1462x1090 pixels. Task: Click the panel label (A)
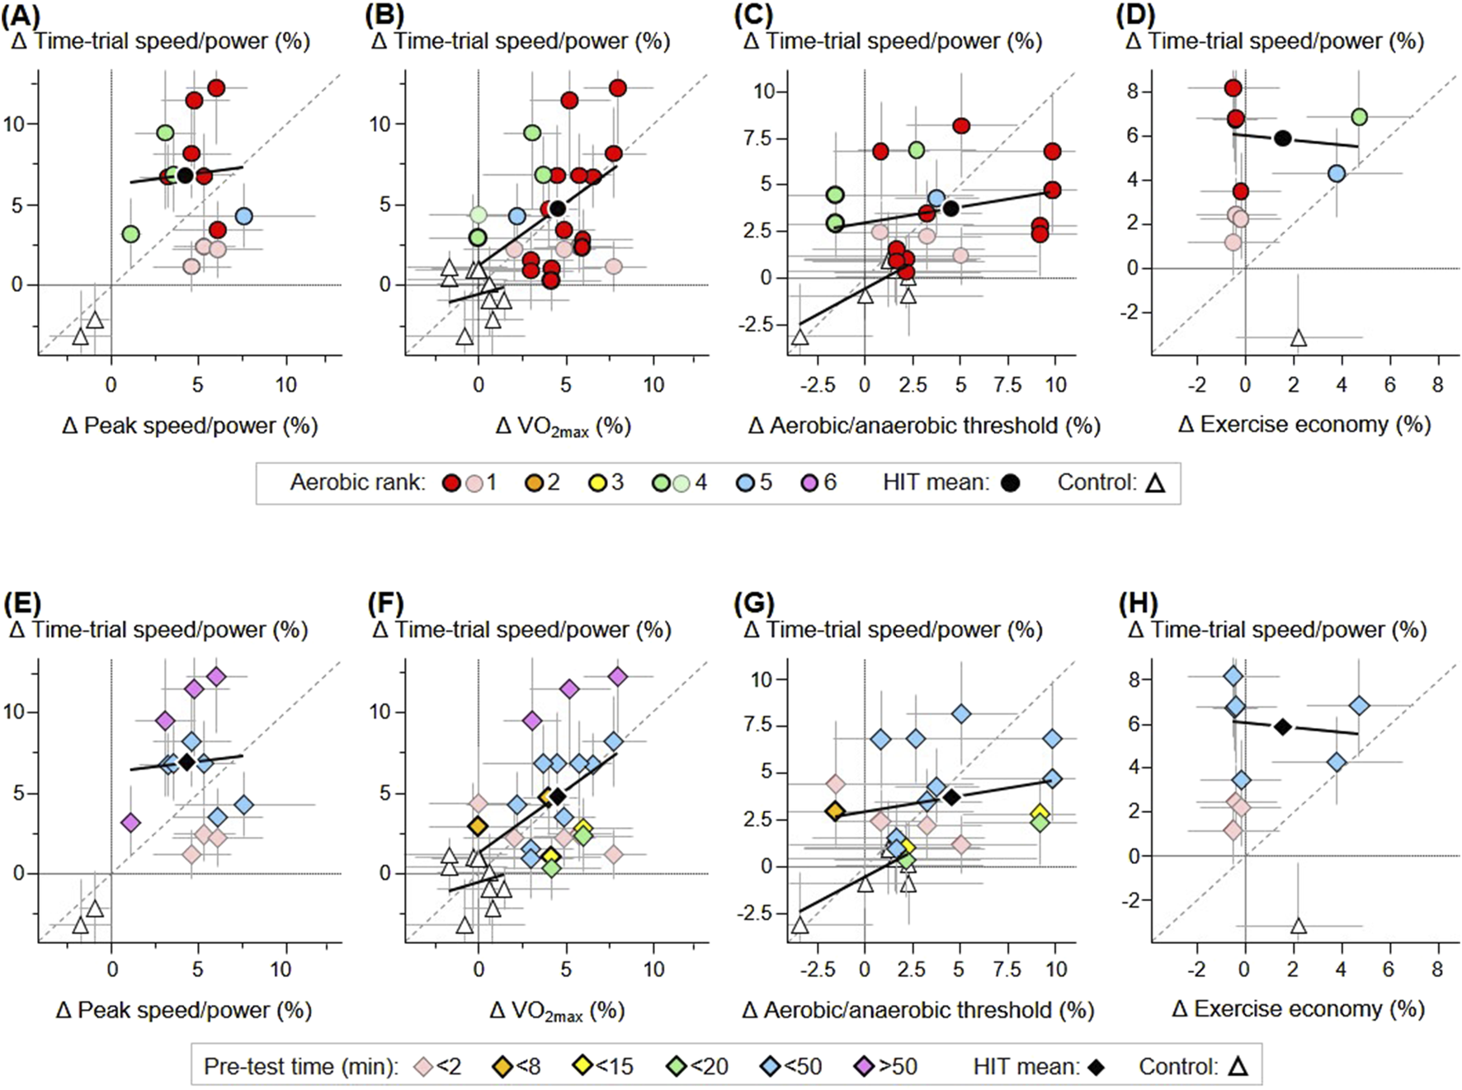point(21,16)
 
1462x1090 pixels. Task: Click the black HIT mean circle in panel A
point(185,176)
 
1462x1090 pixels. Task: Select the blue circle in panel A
point(243,216)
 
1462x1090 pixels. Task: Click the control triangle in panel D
point(1298,338)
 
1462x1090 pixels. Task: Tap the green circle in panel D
point(1359,117)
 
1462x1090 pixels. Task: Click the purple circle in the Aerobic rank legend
point(809,483)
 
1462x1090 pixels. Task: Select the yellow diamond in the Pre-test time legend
point(582,1067)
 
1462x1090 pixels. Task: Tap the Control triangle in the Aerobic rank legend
point(1156,483)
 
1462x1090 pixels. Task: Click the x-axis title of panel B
point(563,426)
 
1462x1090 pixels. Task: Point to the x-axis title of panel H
point(1298,1008)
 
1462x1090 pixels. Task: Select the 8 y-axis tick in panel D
point(1133,91)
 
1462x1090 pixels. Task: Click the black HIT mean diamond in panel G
point(951,797)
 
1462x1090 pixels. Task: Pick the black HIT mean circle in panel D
point(1282,139)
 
